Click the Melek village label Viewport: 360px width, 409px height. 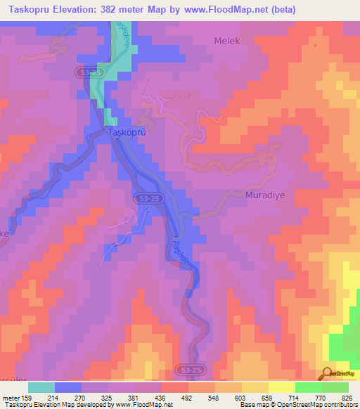(227, 41)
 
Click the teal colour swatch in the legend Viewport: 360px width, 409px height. (41, 387)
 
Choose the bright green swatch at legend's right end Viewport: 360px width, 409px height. (335, 387)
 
